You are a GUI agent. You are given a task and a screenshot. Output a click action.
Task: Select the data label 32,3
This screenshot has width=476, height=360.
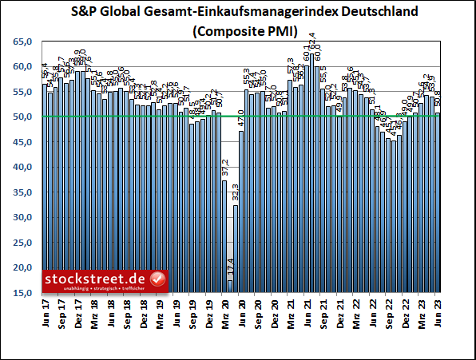tap(236, 192)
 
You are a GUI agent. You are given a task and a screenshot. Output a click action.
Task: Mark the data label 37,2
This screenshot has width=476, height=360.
tap(225, 168)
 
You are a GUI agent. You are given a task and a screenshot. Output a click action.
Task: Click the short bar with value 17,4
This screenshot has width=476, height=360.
tap(230, 286)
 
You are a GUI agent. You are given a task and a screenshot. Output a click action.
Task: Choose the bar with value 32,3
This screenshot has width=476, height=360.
tap(236, 248)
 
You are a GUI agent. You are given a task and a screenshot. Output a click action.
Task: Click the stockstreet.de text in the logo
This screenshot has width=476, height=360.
tap(96, 279)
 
